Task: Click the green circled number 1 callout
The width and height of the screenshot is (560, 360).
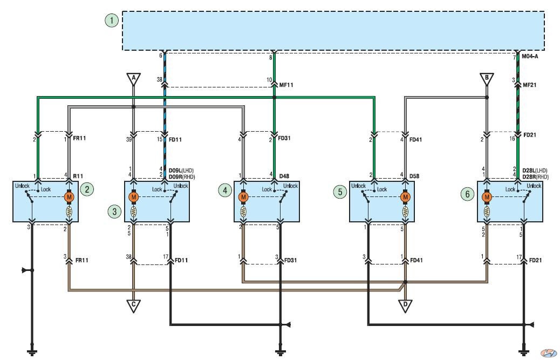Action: [x=112, y=21]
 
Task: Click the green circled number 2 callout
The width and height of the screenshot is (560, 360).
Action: [x=87, y=189]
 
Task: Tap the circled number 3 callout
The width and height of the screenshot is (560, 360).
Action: [x=114, y=212]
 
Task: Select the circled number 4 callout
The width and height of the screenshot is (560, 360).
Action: [x=224, y=191]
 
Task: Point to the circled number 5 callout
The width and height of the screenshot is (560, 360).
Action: [x=340, y=192]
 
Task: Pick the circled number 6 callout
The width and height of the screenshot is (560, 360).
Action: [x=468, y=194]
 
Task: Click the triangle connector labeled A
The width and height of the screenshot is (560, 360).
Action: [x=134, y=79]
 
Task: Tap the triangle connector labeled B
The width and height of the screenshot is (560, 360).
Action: [x=487, y=79]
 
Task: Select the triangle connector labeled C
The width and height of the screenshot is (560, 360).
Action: [x=134, y=305]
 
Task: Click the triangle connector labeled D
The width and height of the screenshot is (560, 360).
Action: [x=405, y=305]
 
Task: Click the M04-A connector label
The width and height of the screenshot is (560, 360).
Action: [x=530, y=57]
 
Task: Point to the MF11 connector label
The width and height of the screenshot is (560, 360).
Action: [x=286, y=85]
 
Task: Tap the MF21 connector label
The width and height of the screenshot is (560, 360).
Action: [x=530, y=85]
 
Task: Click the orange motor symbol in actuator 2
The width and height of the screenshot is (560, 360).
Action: [x=69, y=197]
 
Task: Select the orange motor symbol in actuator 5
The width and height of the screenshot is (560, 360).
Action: [x=405, y=197]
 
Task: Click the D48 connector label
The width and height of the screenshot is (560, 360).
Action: [x=284, y=176]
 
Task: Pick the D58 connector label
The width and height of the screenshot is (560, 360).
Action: [x=414, y=176]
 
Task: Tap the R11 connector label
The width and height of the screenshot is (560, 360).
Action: [x=78, y=176]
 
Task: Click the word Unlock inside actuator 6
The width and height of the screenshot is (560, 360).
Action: [x=534, y=186]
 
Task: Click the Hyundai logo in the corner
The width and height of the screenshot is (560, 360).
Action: [x=548, y=353]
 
